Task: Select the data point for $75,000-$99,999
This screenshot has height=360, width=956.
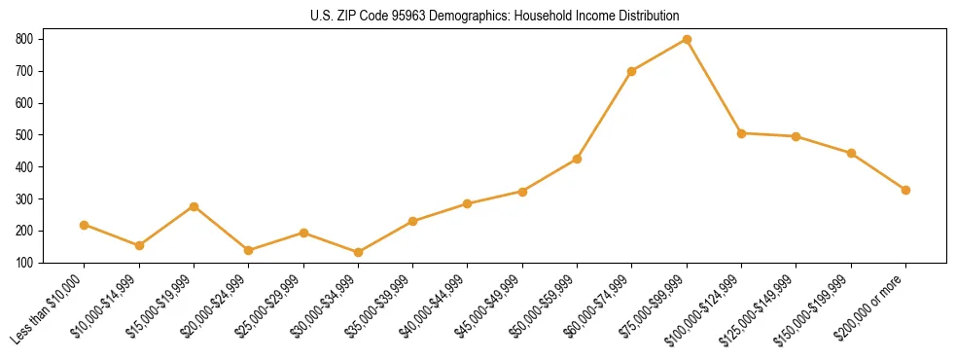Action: click(687, 40)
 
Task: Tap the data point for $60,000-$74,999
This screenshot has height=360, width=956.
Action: click(632, 71)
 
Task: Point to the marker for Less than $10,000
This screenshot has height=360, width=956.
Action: click(85, 225)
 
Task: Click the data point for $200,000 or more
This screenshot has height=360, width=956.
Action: click(905, 190)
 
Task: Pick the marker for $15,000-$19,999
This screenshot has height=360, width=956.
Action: click(194, 206)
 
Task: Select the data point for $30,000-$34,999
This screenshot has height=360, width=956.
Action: click(358, 252)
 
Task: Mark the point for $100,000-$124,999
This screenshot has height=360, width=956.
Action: click(741, 133)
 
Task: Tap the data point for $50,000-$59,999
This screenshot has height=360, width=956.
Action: click(578, 159)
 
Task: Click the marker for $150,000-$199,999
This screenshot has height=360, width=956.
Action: click(851, 153)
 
